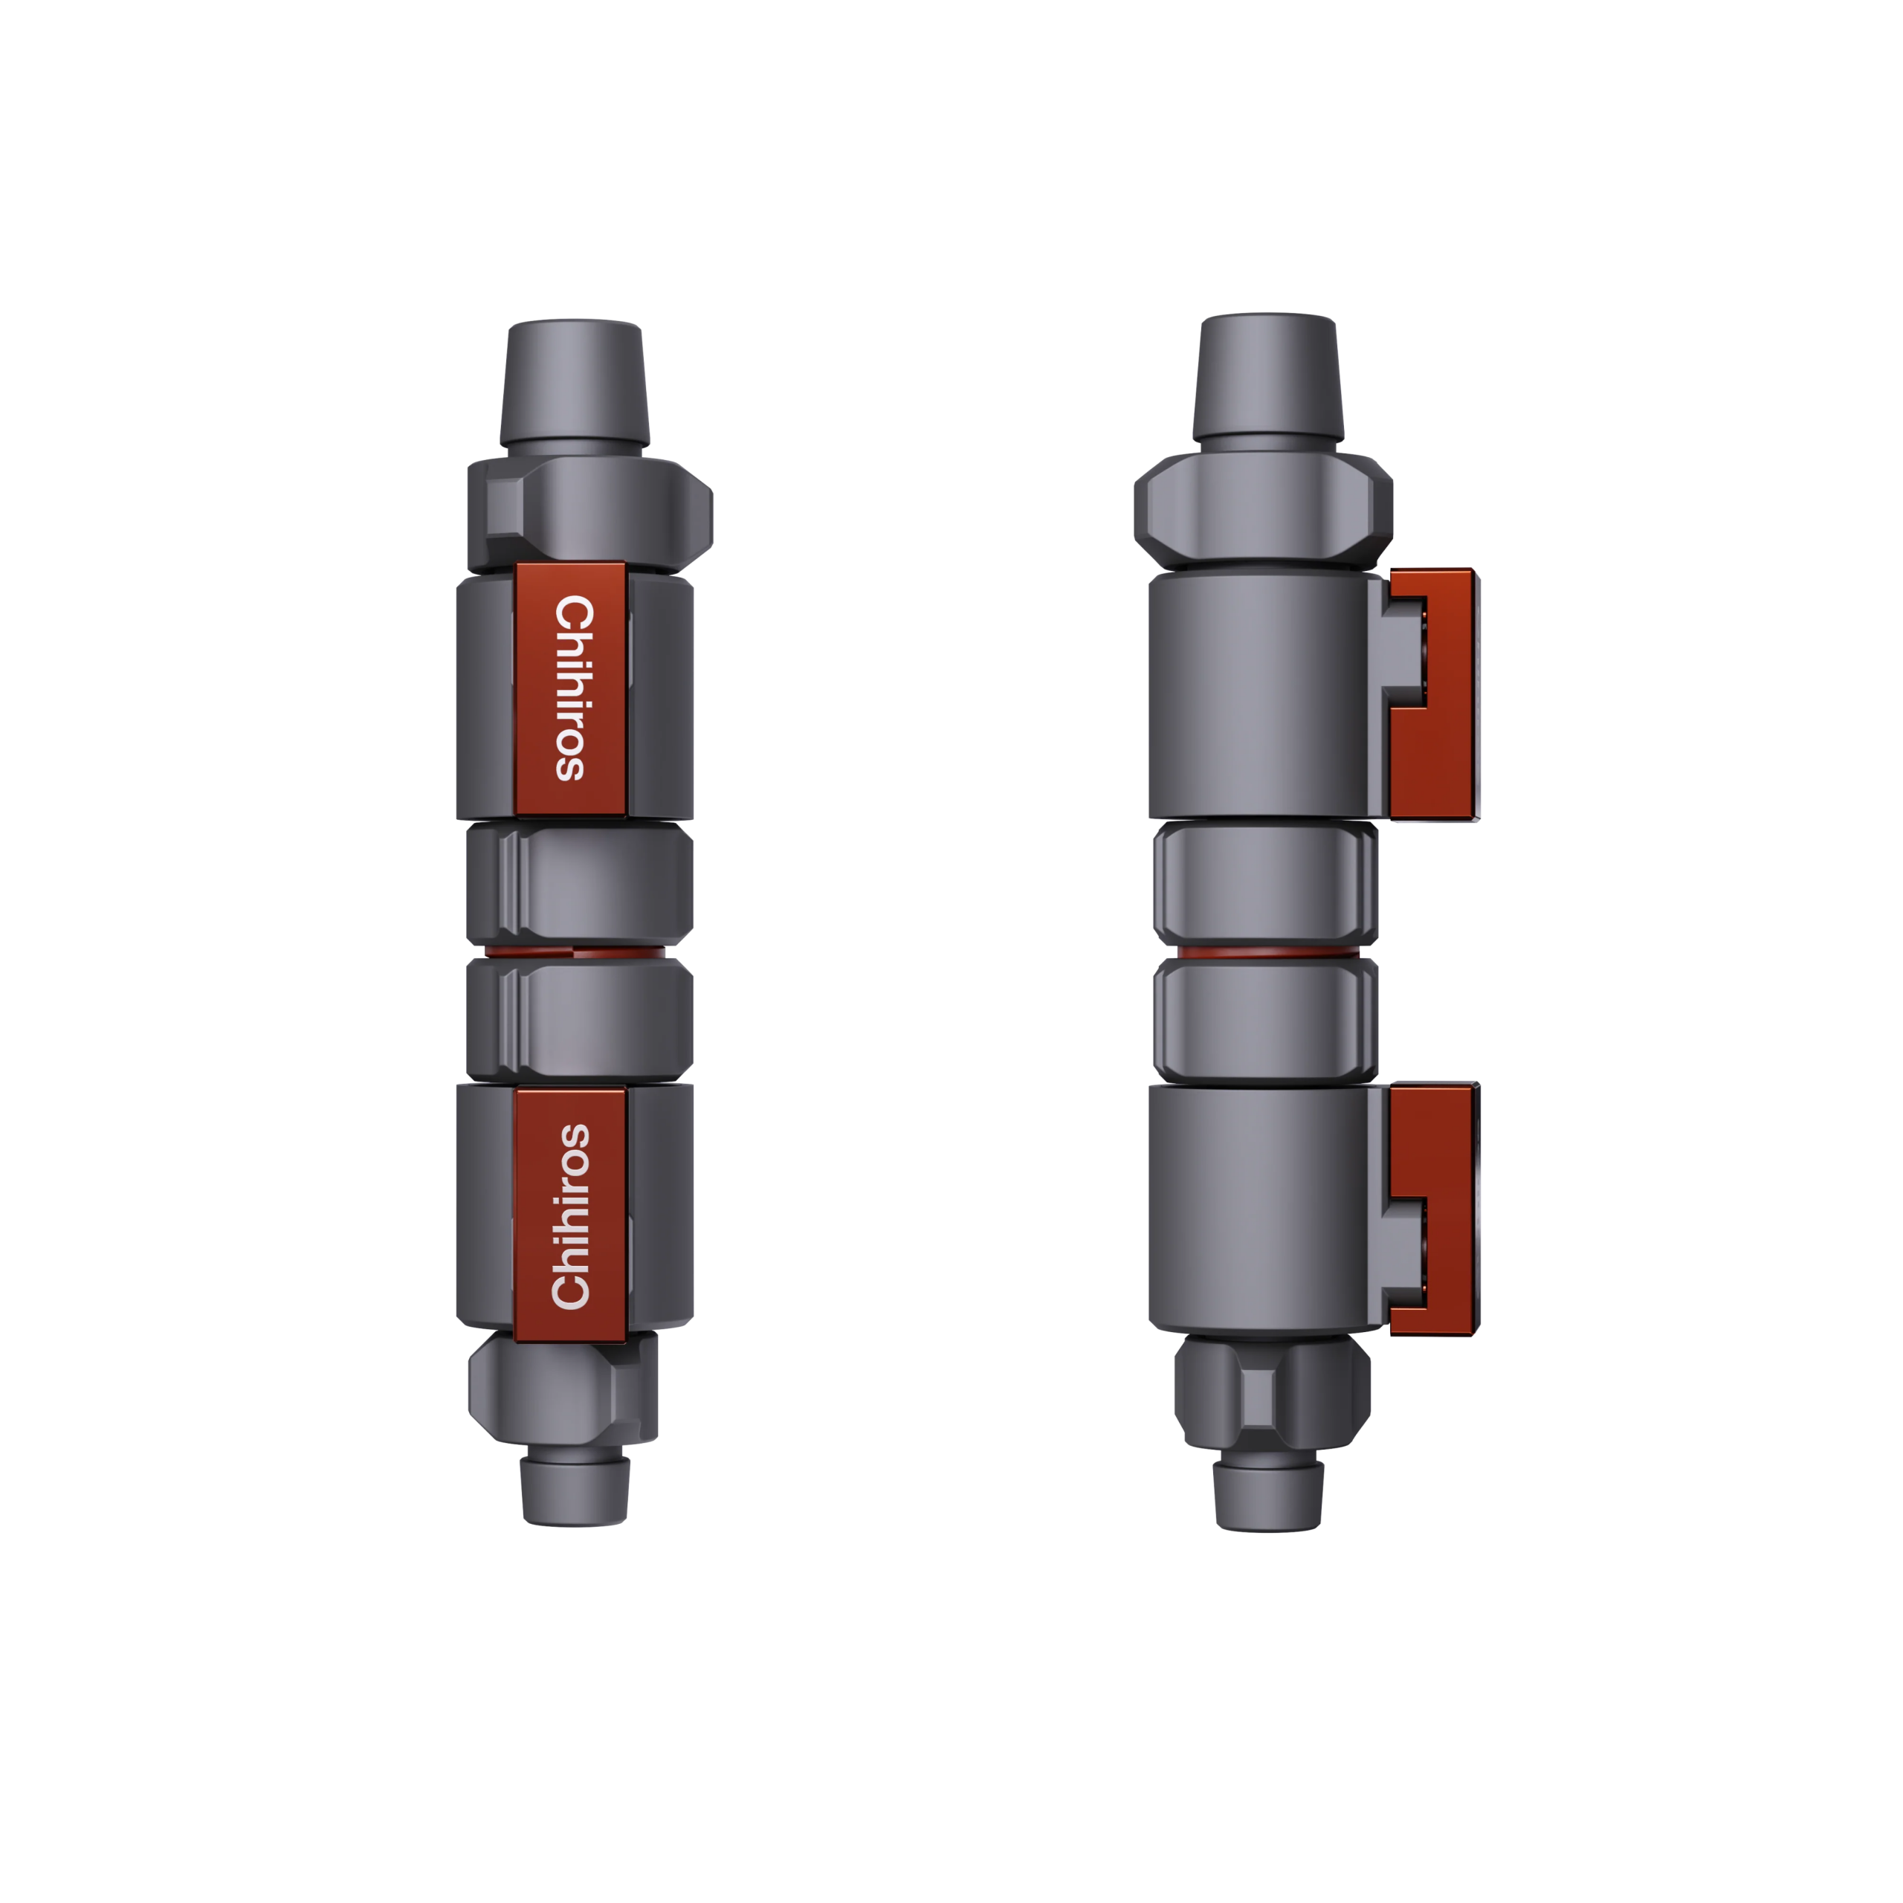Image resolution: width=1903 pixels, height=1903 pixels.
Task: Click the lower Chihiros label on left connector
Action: coord(569,1215)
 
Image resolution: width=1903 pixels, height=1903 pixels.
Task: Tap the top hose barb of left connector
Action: coord(575,384)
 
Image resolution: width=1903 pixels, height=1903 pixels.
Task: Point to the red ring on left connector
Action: coord(578,954)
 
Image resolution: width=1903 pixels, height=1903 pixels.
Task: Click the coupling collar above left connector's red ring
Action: coord(578,885)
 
